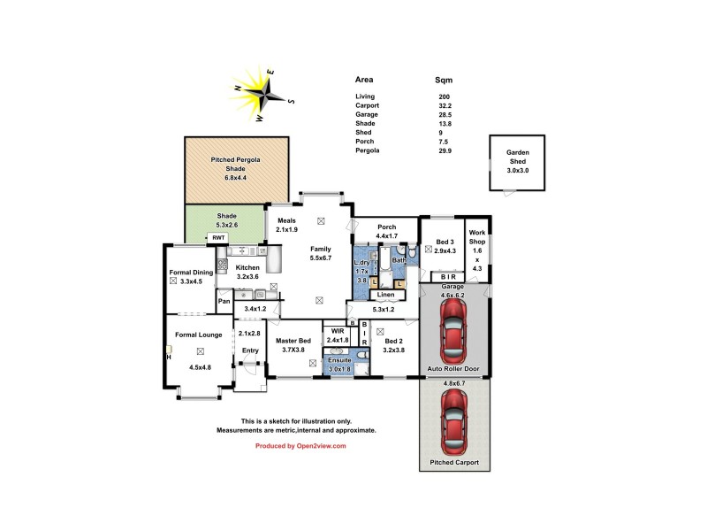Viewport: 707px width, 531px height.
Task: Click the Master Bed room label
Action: (x=293, y=341)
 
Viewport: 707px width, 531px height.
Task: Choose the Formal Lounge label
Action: (x=198, y=335)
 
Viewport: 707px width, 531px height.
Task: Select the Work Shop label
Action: (x=477, y=237)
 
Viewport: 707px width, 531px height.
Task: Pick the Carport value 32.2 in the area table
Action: (x=445, y=105)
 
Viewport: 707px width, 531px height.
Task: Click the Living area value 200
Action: (x=444, y=96)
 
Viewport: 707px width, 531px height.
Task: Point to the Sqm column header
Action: (x=445, y=80)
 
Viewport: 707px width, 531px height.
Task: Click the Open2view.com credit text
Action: (x=300, y=446)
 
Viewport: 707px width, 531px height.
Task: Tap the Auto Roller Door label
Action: (x=453, y=367)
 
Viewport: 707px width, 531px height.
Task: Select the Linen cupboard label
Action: (x=385, y=295)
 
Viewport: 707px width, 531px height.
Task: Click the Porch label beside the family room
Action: (x=387, y=227)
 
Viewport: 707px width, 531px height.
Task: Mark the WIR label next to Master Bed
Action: (x=337, y=332)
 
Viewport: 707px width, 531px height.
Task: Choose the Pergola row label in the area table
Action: (x=368, y=150)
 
